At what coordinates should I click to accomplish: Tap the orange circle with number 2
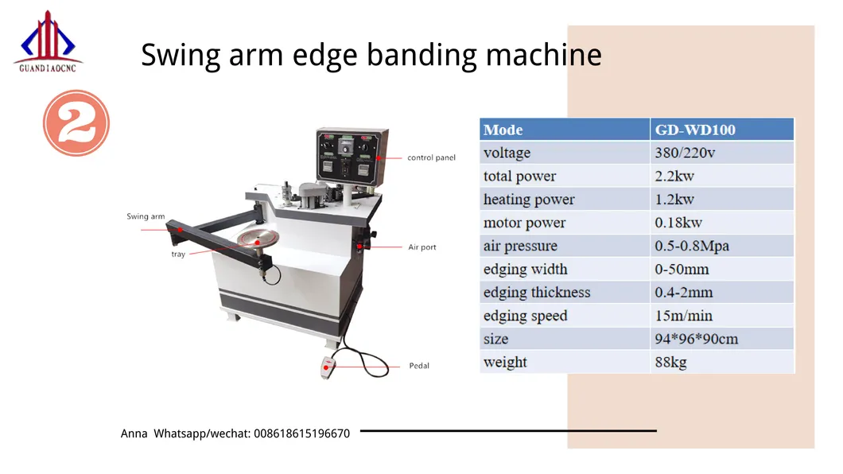(76, 123)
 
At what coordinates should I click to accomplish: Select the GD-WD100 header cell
(694, 130)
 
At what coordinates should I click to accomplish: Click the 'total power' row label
(519, 177)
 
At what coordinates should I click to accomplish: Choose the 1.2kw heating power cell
(674, 200)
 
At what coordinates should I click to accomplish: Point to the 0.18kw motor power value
(678, 223)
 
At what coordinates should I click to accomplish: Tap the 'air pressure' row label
(520, 246)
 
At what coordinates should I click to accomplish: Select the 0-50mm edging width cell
(682, 269)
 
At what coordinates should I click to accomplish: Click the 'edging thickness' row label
(537, 293)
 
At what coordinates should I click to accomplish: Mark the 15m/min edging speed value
(684, 316)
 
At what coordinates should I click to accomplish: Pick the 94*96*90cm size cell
(696, 339)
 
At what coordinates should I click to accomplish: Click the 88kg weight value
(670, 363)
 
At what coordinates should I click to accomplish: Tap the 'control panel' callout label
(431, 157)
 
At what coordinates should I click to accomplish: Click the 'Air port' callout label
(422, 247)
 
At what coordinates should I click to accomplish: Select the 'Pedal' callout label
(419, 366)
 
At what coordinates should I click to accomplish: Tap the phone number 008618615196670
(301, 433)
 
